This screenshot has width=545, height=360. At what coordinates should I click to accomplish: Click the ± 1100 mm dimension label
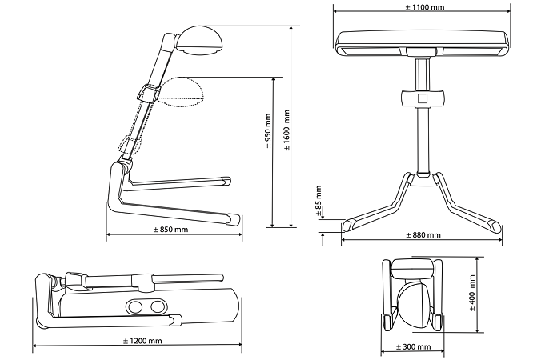pos(420,7)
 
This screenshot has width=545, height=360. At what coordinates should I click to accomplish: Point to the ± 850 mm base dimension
pos(170,230)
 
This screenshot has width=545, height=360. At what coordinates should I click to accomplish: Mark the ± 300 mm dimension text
pos(413,347)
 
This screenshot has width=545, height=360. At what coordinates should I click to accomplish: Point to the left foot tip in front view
pos(352,222)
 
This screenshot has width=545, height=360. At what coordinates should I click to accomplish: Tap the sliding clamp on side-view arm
pos(146,95)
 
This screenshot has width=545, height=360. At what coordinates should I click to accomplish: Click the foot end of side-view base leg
pos(233,218)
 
